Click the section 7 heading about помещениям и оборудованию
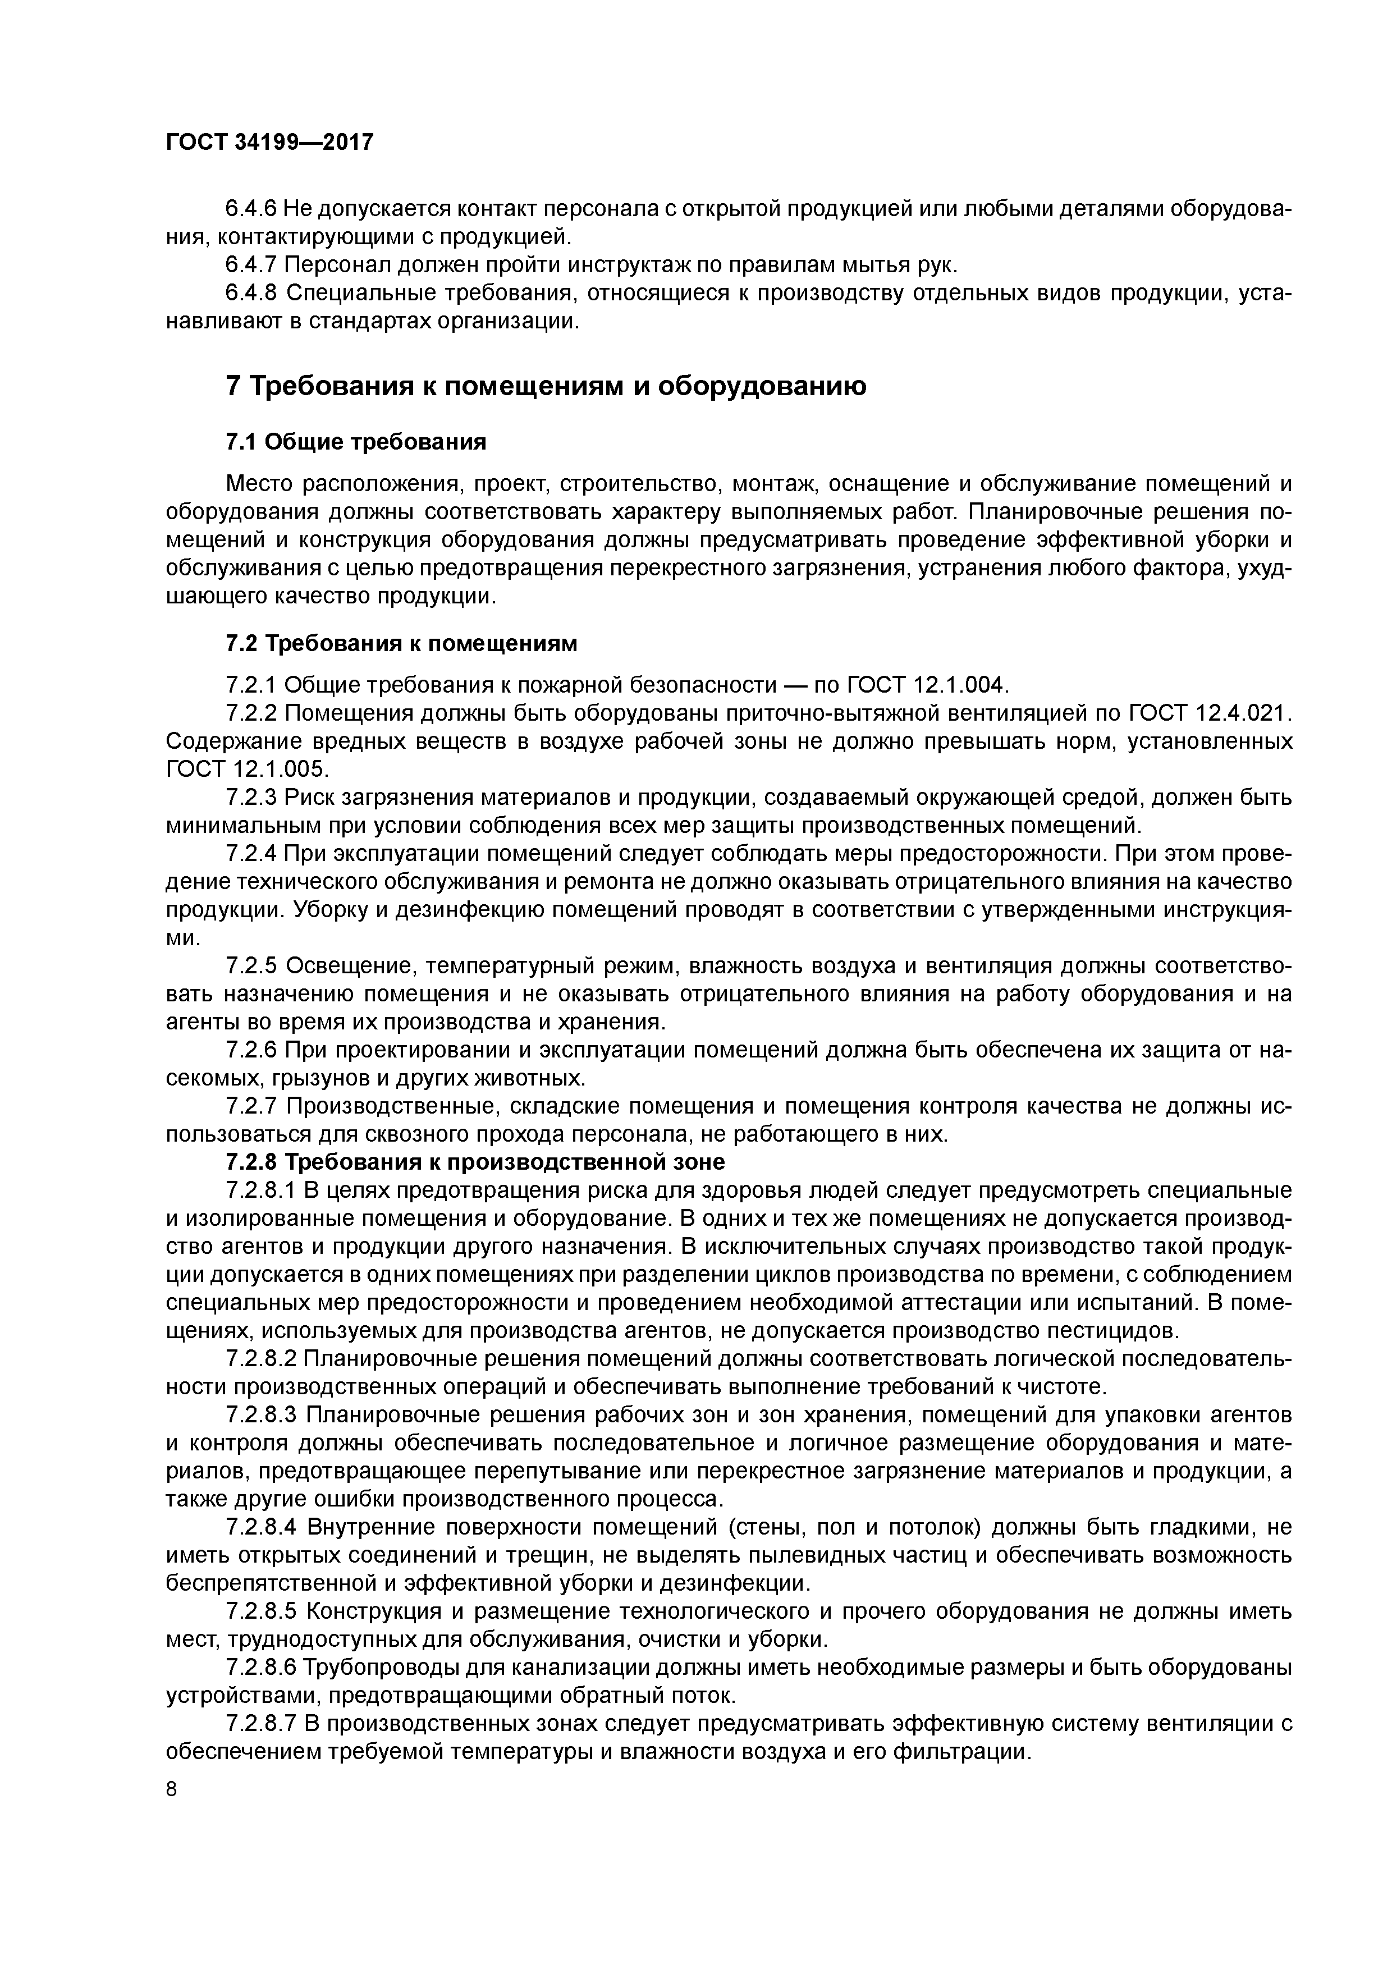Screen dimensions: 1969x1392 click(x=546, y=386)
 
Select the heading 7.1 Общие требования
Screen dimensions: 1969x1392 click(x=356, y=442)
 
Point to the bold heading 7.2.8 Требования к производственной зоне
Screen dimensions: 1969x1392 click(x=475, y=1162)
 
